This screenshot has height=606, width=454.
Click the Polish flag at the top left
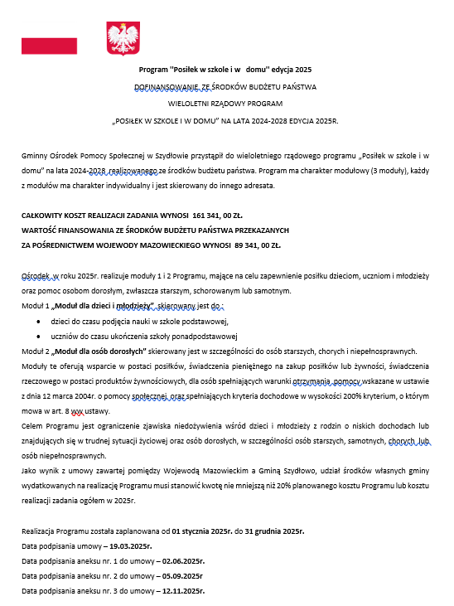pyautogui.click(x=49, y=45)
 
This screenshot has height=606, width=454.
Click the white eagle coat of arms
pyautogui.click(x=123, y=38)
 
